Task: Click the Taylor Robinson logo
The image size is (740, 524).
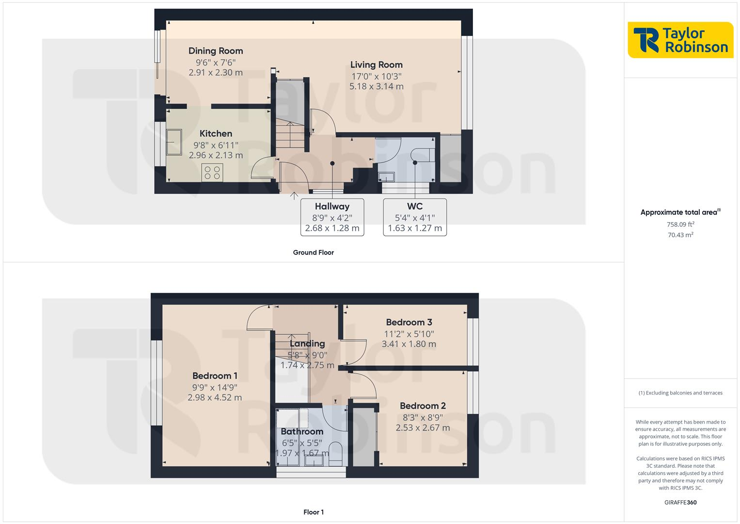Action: point(680,40)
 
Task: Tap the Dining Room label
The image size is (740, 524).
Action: point(216,51)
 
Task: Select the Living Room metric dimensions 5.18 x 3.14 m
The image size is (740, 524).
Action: point(376,86)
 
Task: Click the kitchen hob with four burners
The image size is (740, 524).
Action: point(212,172)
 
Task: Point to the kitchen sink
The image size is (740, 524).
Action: point(173,142)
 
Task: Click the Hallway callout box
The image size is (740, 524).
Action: point(332,217)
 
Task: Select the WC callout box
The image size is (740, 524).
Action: point(415,217)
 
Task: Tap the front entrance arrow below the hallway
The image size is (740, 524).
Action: point(294,196)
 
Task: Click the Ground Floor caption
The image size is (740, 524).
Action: point(313,252)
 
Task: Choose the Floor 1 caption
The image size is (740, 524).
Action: point(313,512)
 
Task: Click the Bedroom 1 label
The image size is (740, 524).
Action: point(215,376)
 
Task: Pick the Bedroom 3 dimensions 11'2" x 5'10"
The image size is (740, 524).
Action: point(409,334)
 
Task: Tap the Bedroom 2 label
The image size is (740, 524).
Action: point(423,406)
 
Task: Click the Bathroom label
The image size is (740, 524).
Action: point(302,431)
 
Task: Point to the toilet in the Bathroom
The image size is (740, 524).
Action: point(335,452)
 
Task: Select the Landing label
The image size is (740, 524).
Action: point(307,344)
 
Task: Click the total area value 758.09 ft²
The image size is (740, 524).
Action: point(680,224)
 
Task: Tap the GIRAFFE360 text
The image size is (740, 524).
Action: point(680,502)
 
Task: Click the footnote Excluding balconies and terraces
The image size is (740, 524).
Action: point(680,393)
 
